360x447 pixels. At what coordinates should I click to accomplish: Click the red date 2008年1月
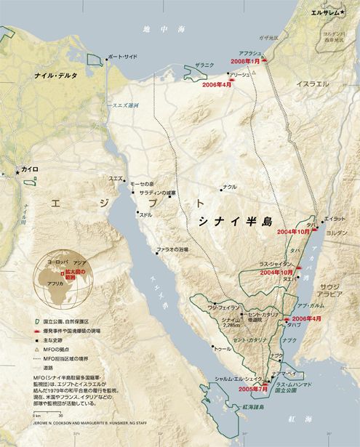coord(246,62)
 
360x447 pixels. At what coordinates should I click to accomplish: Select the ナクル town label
coord(230,187)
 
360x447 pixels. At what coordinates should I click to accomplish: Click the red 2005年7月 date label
coord(237,389)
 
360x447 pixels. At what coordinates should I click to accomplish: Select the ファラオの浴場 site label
coord(173,249)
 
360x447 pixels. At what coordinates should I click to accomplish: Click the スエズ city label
coord(116,178)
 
